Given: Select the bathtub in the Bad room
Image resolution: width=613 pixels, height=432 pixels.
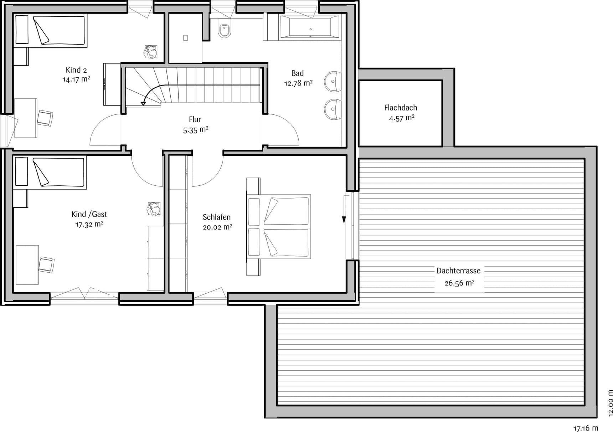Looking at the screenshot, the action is pos(310,27).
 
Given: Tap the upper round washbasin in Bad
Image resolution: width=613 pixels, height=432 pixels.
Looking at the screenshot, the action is pos(333,82).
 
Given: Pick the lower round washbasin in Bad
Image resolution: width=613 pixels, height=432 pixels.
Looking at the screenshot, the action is pos(333,109).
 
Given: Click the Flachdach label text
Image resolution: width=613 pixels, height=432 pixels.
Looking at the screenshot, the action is pos(401,108).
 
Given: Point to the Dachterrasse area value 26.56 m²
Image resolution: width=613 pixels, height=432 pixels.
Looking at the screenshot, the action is pos(459,283).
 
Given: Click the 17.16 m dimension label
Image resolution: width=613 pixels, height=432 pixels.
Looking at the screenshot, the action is pos(586,428).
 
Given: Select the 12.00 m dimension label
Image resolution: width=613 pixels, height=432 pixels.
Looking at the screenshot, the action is pos(609,403).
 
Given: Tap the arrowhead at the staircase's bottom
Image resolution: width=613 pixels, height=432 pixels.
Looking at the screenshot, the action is pos(143,103).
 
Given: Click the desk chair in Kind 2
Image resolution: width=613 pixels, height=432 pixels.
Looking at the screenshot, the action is pos(45,118).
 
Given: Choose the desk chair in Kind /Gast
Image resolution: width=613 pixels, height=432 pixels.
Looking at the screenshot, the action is pos(46,264).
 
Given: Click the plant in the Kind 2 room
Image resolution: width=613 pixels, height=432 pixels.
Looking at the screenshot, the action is pos(150,52).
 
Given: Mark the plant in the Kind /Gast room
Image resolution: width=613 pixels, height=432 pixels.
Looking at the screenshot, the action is pos(154,209).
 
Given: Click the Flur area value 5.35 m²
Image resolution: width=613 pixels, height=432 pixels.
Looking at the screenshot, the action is pos(196,130).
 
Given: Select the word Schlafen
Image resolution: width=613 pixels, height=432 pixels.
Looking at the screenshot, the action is pos(217,217).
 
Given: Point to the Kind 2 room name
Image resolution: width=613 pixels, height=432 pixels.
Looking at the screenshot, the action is pos(76,70).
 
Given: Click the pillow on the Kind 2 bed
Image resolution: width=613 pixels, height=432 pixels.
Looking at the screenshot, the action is pos(22,30).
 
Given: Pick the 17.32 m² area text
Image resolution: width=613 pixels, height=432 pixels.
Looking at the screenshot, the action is pos(89,224).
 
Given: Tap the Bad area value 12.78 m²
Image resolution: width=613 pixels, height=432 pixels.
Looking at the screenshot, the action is pos(298,83).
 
